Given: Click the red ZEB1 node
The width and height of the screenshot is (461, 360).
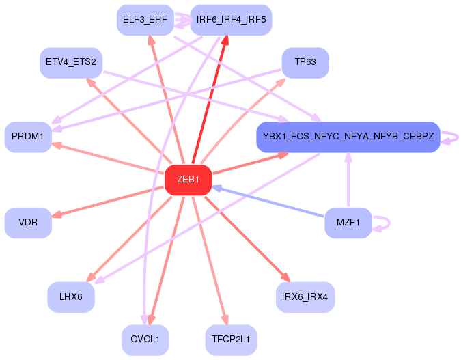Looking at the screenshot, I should tap(188, 180).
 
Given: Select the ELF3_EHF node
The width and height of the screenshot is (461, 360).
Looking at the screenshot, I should tap(145, 19).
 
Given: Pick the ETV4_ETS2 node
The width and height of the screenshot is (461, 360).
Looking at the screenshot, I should tap(70, 62).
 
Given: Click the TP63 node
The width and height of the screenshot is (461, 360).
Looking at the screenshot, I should tap(305, 62).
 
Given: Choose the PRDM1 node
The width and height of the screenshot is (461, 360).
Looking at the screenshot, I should tap(28, 137).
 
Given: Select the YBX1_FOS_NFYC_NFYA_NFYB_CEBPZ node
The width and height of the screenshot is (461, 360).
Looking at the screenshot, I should tap(348, 137).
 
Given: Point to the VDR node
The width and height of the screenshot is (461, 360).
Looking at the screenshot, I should tap(28, 223).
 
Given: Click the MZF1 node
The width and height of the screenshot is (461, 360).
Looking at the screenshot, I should tap(348, 223).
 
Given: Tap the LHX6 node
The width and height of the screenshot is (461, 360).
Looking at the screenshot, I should tap(71, 297).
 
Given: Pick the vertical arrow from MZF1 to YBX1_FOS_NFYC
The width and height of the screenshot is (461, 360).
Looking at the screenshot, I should tap(348, 181).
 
